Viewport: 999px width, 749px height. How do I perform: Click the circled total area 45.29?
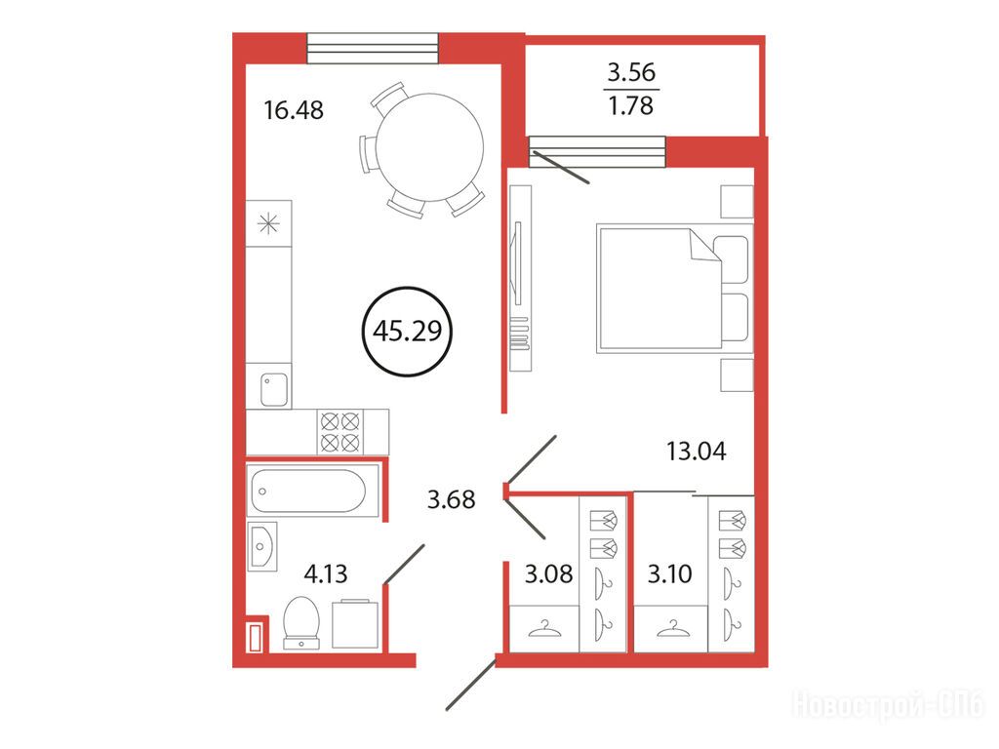tap(407, 332)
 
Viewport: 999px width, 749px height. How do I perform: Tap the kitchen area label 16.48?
tap(294, 110)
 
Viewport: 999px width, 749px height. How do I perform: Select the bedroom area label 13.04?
tap(696, 451)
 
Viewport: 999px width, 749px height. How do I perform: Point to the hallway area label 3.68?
tap(451, 499)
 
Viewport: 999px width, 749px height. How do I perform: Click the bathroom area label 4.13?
tap(326, 573)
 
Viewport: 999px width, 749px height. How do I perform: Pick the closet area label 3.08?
tap(548, 573)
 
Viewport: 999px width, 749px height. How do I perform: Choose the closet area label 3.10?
tap(669, 573)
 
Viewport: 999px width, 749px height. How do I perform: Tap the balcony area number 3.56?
tap(631, 72)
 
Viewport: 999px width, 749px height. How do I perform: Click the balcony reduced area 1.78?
tap(631, 105)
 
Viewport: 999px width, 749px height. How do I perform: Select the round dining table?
tap(429, 147)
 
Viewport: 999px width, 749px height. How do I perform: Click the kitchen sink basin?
tap(274, 389)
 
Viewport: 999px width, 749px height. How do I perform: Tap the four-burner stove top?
tap(340, 432)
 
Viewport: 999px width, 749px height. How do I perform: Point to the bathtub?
tap(313, 491)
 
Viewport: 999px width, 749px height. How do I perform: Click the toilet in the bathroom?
tap(301, 622)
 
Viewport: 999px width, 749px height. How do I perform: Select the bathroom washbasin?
tap(261, 546)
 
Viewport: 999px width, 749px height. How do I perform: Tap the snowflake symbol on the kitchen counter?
tap(268, 223)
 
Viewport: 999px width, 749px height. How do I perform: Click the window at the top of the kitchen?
tap(374, 49)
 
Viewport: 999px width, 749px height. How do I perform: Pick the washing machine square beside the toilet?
tap(355, 623)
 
